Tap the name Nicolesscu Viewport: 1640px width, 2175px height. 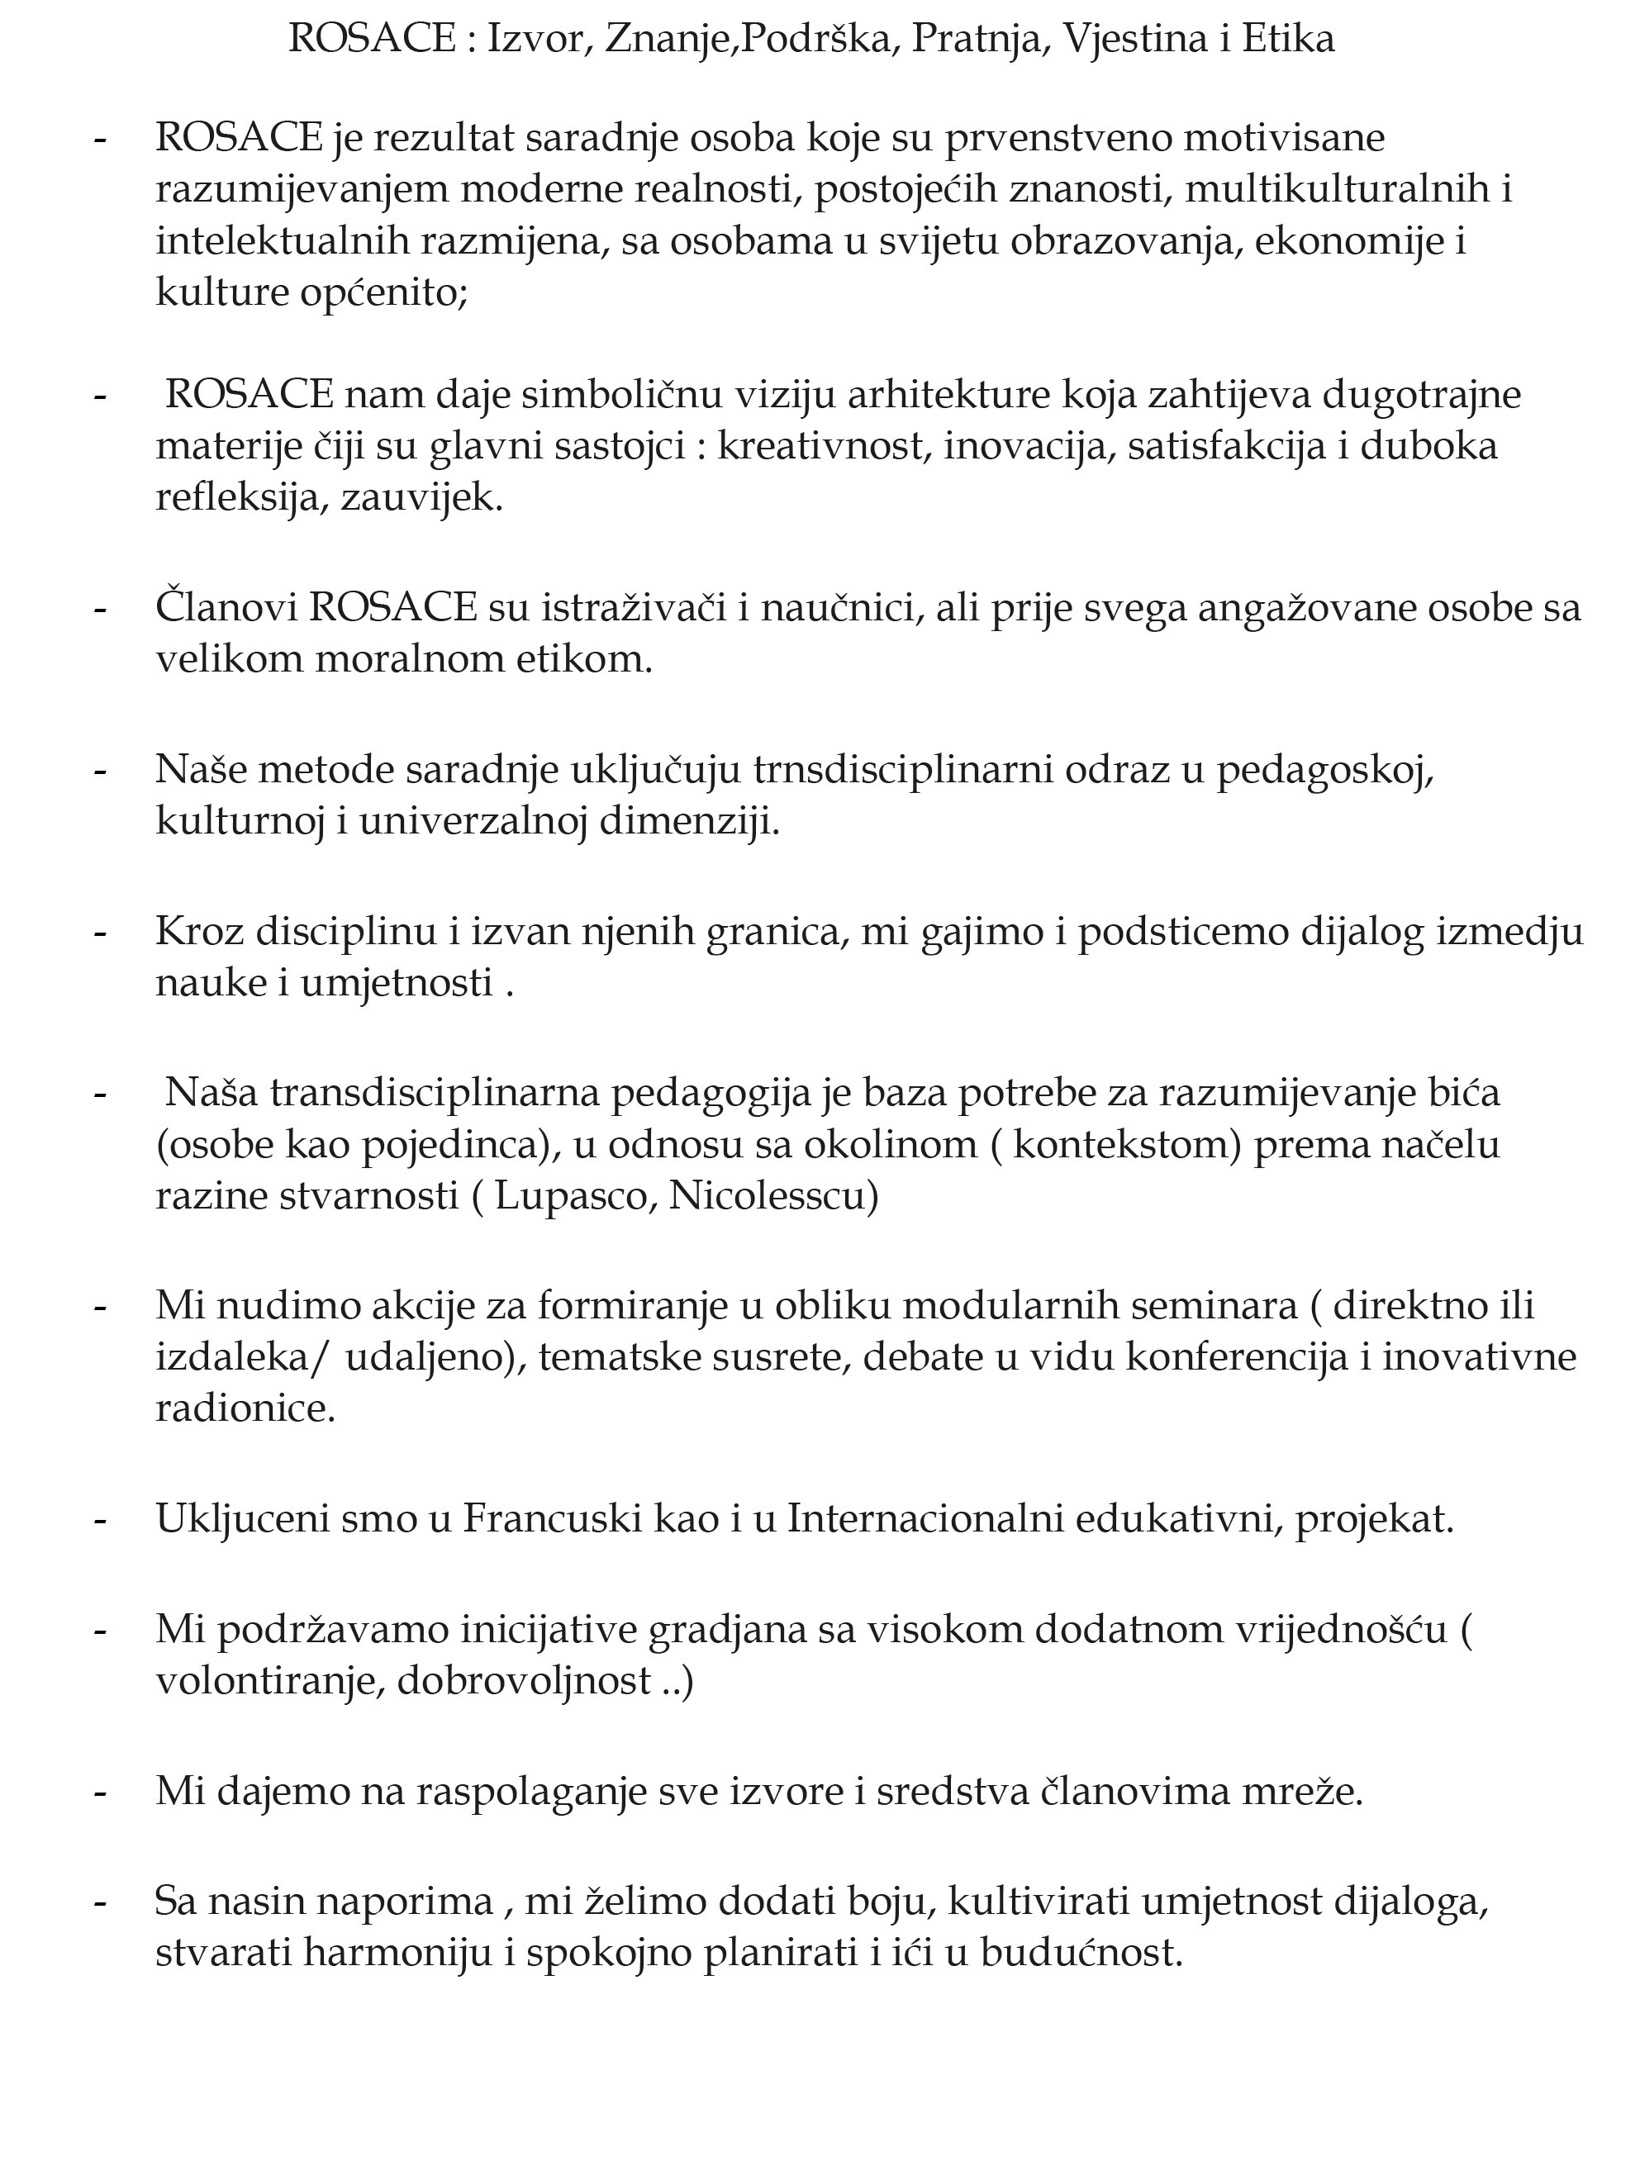772,1195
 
